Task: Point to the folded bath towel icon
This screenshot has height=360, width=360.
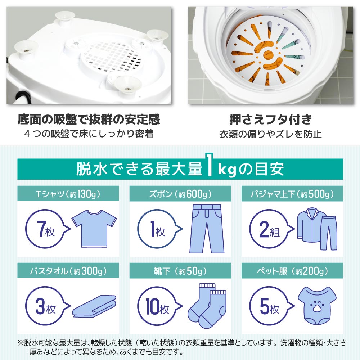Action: (95, 306)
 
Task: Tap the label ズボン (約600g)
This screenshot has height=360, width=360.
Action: (180, 195)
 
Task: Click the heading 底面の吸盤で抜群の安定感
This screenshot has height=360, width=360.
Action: (89, 119)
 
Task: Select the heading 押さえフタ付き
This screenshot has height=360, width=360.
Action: (270, 119)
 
